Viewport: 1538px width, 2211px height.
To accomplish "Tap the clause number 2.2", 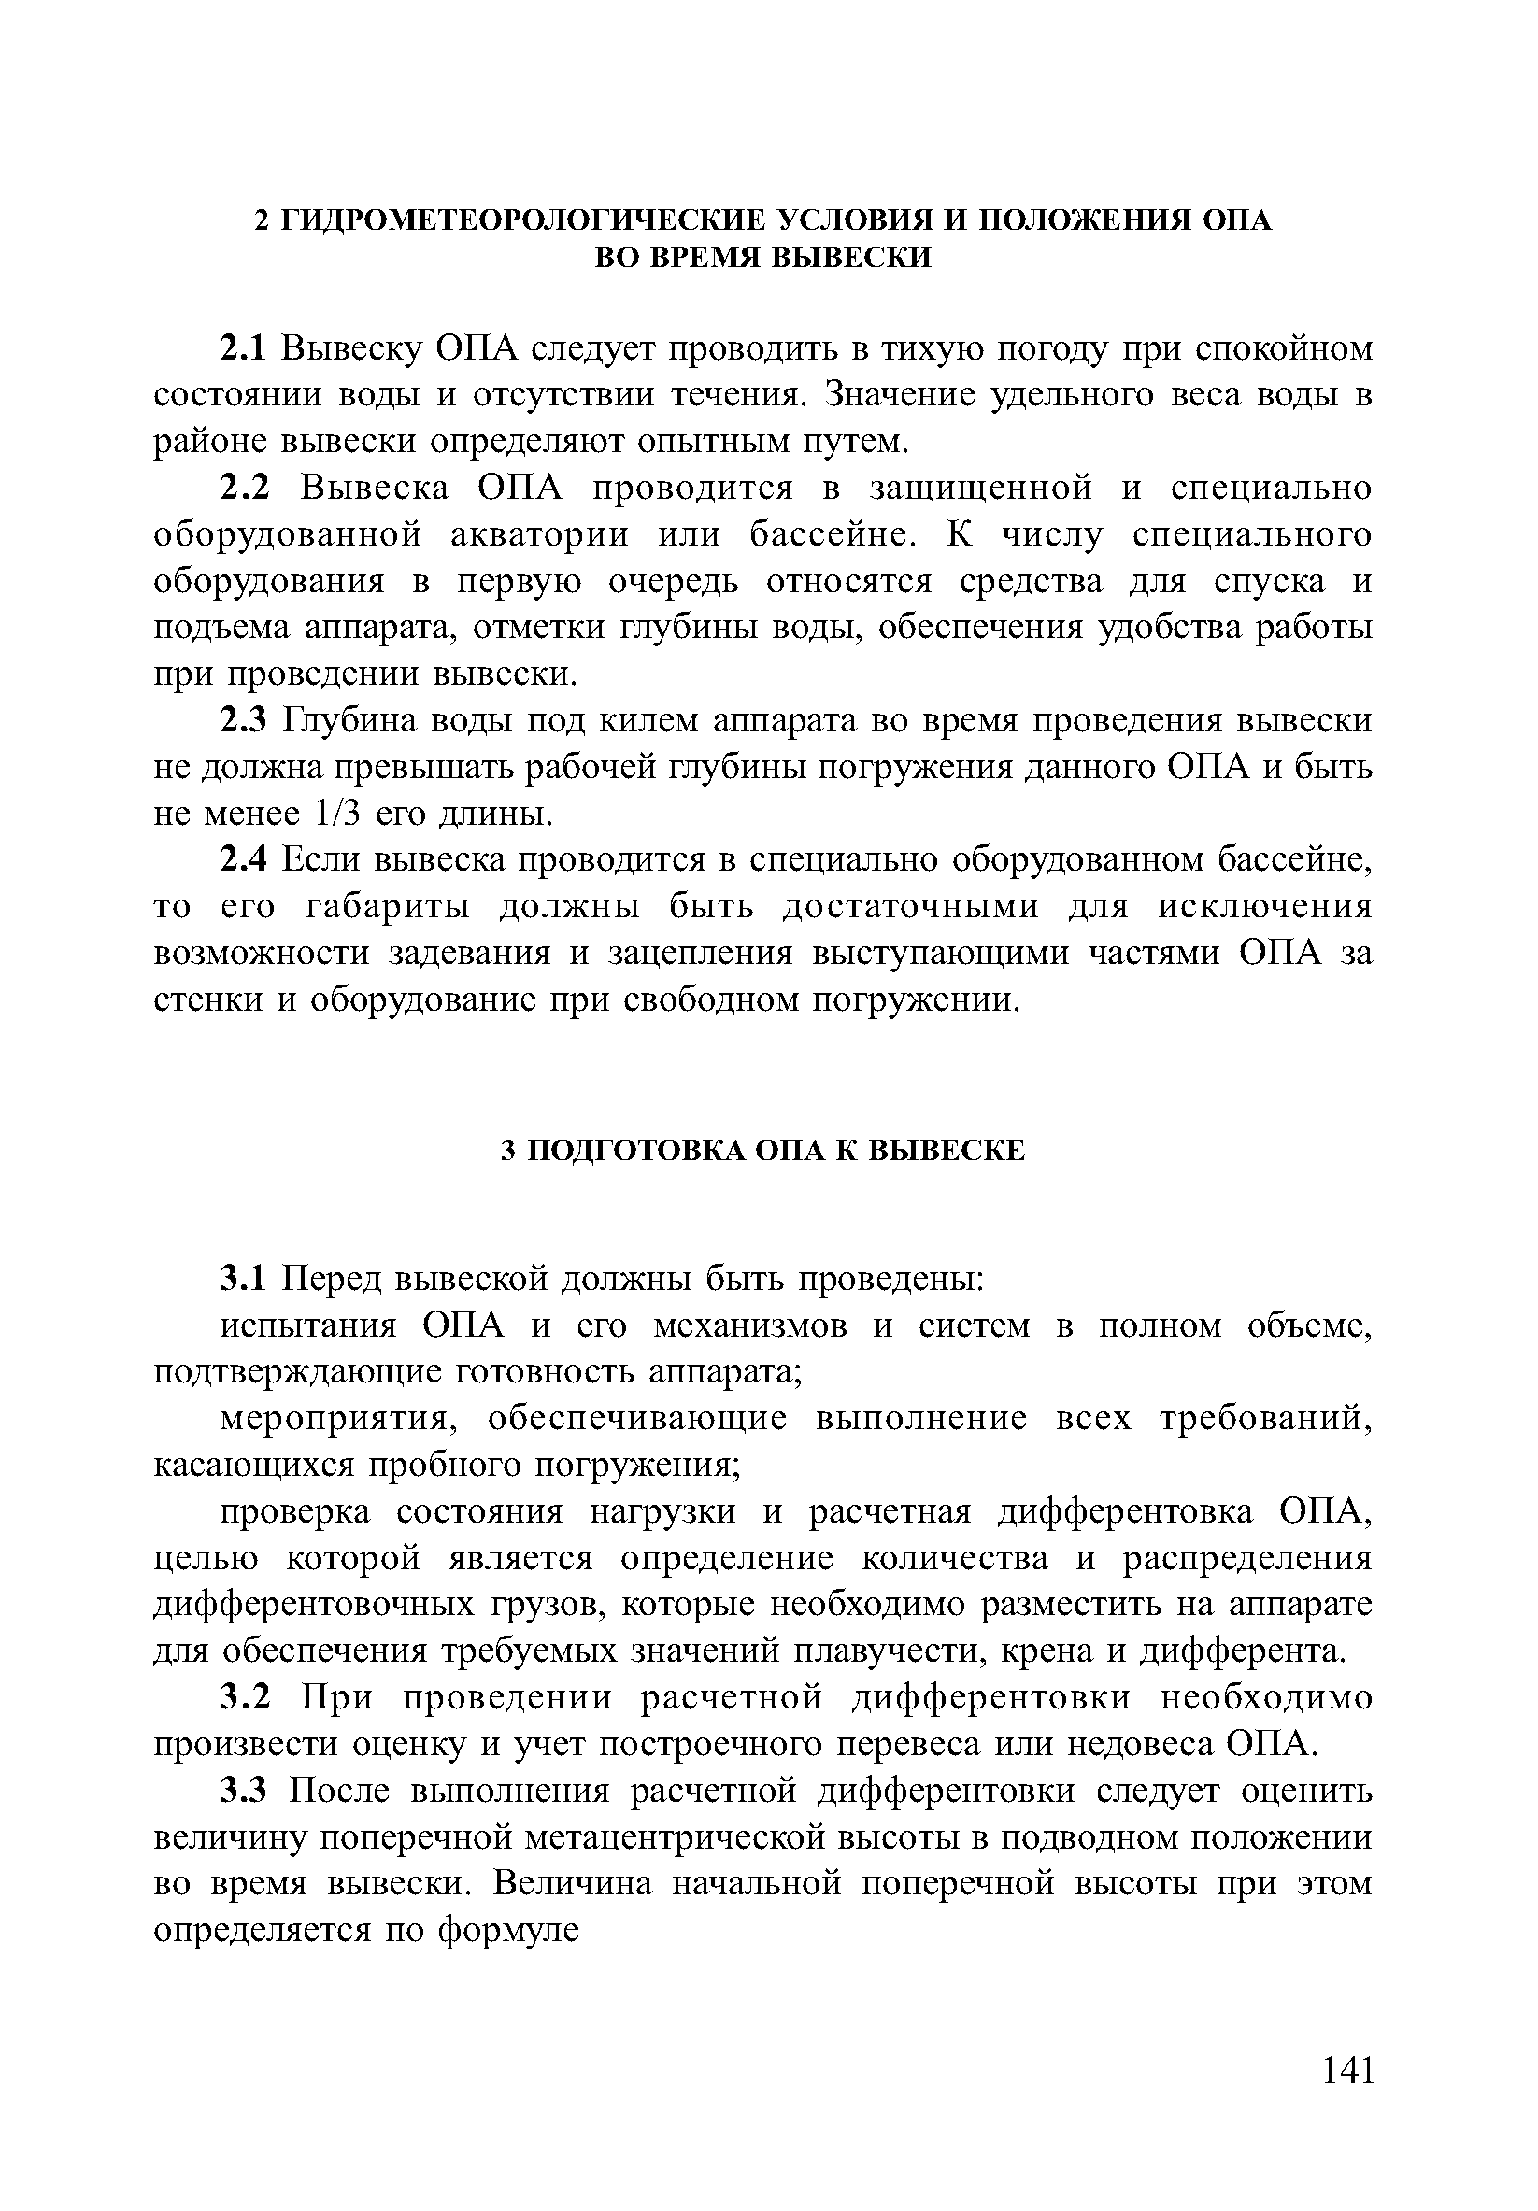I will (247, 489).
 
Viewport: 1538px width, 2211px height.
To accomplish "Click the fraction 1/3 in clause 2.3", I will (337, 815).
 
